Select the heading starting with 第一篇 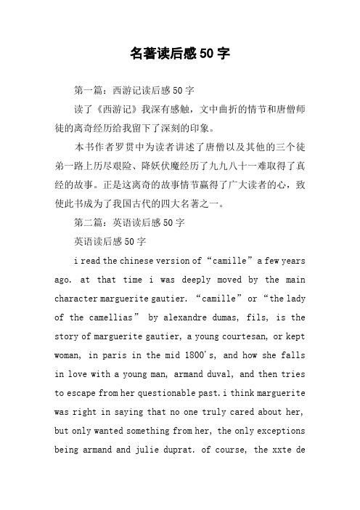[x=134, y=92]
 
